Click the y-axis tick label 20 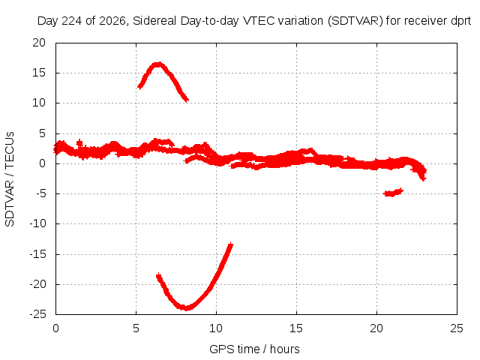pos(39,43)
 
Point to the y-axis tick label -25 pos(37,314)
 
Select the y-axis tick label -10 pos(37,223)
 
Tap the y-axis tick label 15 pos(39,73)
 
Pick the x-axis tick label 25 pos(457,328)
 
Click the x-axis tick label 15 pos(296,328)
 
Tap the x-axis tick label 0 pos(55,328)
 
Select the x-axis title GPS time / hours pos(254,349)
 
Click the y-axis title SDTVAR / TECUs pos(10,179)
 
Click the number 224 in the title pos(72,21)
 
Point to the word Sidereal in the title pos(154,21)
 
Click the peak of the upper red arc pos(157,64)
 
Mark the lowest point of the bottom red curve pos(187,308)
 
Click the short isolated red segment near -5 pos(393,192)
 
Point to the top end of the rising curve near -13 pos(231,244)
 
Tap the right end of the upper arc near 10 pos(187,100)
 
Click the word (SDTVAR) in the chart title pos(355,21)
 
